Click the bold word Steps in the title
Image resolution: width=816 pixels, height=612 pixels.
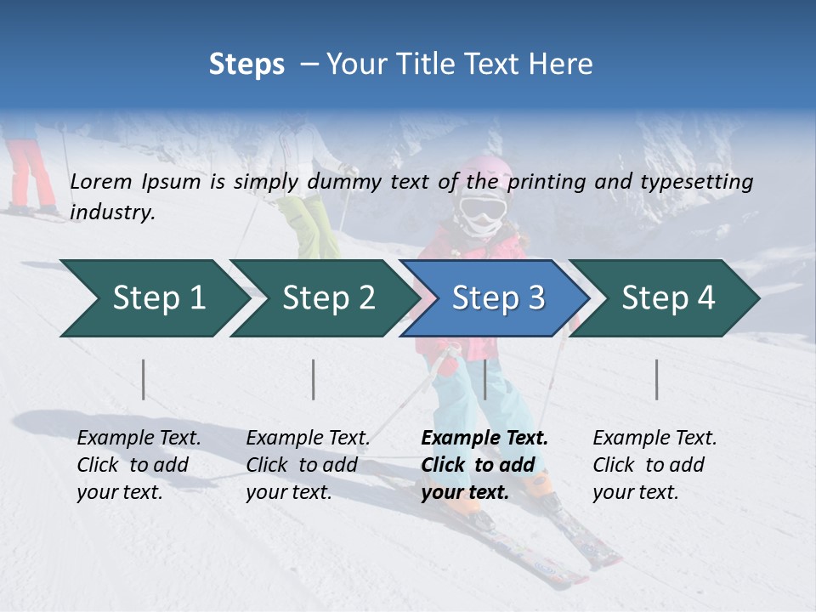click(246, 65)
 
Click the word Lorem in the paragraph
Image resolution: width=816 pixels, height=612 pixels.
click(101, 181)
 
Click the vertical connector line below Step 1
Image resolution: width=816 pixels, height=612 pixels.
click(144, 379)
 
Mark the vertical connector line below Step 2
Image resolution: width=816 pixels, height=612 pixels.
click(314, 379)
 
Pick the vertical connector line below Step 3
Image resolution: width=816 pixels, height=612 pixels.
click(484, 379)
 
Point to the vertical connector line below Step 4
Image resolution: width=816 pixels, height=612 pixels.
click(657, 379)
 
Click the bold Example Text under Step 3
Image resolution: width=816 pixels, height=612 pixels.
click(484, 439)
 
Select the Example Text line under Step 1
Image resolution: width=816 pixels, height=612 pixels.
click(139, 439)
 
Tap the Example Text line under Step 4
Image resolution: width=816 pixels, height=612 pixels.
click(654, 439)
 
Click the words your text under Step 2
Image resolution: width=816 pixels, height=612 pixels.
click(288, 492)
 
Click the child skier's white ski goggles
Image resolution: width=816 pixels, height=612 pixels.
click(483, 208)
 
